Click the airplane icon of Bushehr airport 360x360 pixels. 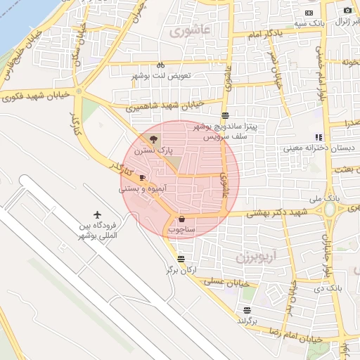tap(98, 214)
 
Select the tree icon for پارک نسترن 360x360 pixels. tap(155, 139)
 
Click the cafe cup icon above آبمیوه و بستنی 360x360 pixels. tap(143, 177)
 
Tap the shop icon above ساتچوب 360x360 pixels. tap(181, 219)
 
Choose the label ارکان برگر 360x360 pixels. tap(179, 269)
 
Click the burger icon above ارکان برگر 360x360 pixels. tap(181, 258)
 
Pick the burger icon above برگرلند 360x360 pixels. tap(246, 310)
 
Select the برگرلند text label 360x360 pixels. tap(248, 321)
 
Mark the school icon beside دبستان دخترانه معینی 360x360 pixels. tap(319, 137)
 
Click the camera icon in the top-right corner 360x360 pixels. tap(347, 10)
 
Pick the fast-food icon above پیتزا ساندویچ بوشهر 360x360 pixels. tap(224, 115)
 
